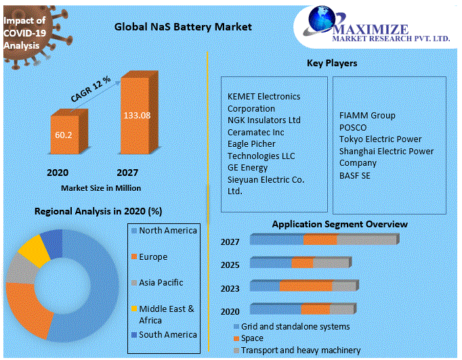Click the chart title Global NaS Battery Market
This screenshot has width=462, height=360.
183,27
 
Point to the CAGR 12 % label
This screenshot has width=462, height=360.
91,89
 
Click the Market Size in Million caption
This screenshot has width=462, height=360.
101,187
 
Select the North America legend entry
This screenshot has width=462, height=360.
167,231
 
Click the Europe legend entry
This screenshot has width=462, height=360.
153,257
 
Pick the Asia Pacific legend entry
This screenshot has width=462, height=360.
161,282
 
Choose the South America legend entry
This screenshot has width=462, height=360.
167,334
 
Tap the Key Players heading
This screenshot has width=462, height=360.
332,64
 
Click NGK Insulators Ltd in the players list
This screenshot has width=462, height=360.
264,120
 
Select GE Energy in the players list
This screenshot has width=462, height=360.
247,168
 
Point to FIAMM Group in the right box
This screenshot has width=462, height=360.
367,116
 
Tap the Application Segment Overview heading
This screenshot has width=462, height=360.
339,224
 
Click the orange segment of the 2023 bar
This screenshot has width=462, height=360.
306,287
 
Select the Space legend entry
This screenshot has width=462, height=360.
252,338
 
